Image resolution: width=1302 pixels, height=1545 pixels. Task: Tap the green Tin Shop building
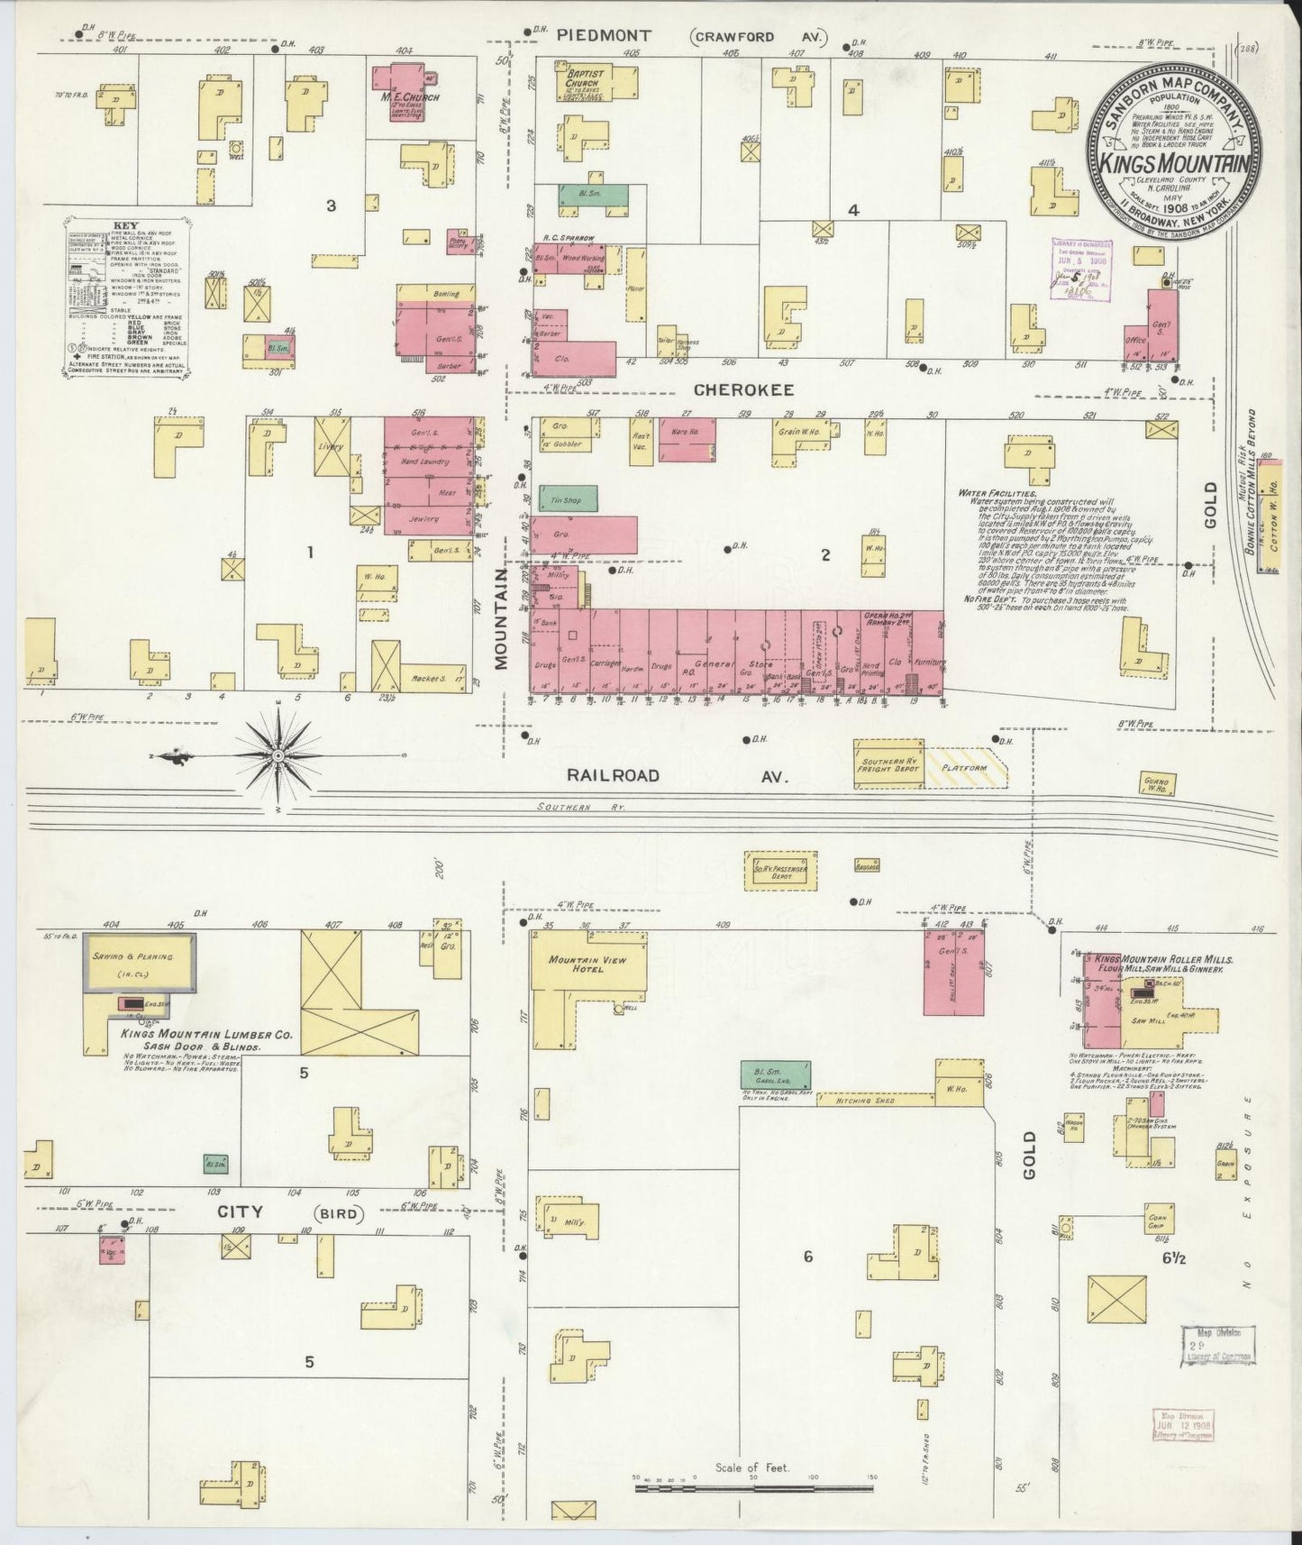coord(560,499)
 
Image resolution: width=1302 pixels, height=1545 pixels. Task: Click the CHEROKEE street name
coord(742,389)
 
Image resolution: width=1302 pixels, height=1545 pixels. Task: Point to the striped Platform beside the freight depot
coord(967,767)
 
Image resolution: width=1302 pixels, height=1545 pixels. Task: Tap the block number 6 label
coord(807,1256)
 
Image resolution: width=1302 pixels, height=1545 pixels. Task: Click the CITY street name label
coord(239,1212)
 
